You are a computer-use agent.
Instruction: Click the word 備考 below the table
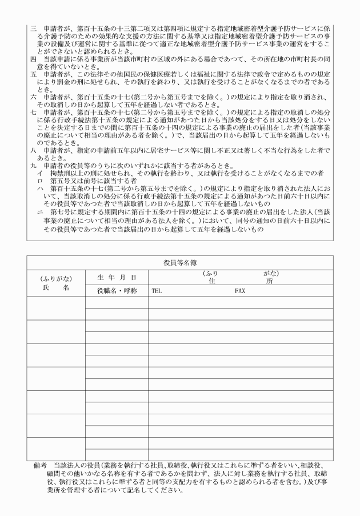tap(41, 466)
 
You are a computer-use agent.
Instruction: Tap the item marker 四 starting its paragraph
tap(33, 59)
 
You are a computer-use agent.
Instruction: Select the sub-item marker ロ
tap(39, 180)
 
